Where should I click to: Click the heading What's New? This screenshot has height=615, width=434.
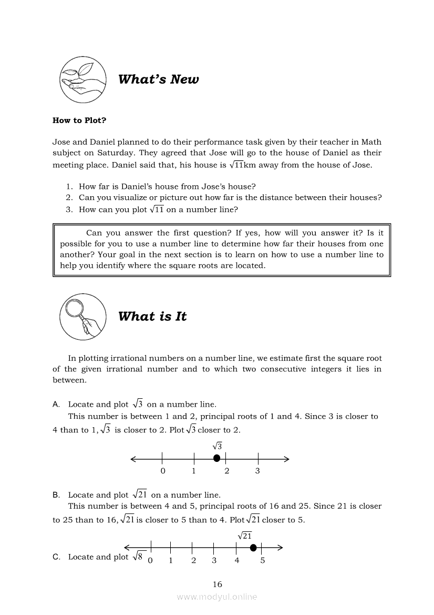coord(158,79)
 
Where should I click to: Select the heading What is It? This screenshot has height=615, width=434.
coord(152,316)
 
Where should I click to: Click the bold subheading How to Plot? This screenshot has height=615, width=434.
coord(79,120)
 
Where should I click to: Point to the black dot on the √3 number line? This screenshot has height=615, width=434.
coord(216,459)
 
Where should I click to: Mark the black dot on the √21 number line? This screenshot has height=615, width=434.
coord(253,548)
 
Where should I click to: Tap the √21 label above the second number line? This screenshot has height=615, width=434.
coord(245,536)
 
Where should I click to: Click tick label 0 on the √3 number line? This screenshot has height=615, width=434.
coord(163,471)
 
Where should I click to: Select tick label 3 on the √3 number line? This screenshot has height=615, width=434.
coord(257,471)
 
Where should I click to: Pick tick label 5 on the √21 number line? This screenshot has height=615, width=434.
coord(263,560)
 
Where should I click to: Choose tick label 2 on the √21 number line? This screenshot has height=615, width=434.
coord(193,560)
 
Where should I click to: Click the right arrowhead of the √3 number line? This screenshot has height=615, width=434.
coord(286,459)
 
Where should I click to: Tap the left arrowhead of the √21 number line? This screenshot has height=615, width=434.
coord(127,548)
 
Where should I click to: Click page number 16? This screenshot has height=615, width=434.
coord(218,584)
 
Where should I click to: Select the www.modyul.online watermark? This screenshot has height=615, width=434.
coord(217,597)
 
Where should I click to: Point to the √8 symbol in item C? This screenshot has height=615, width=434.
coord(139,557)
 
